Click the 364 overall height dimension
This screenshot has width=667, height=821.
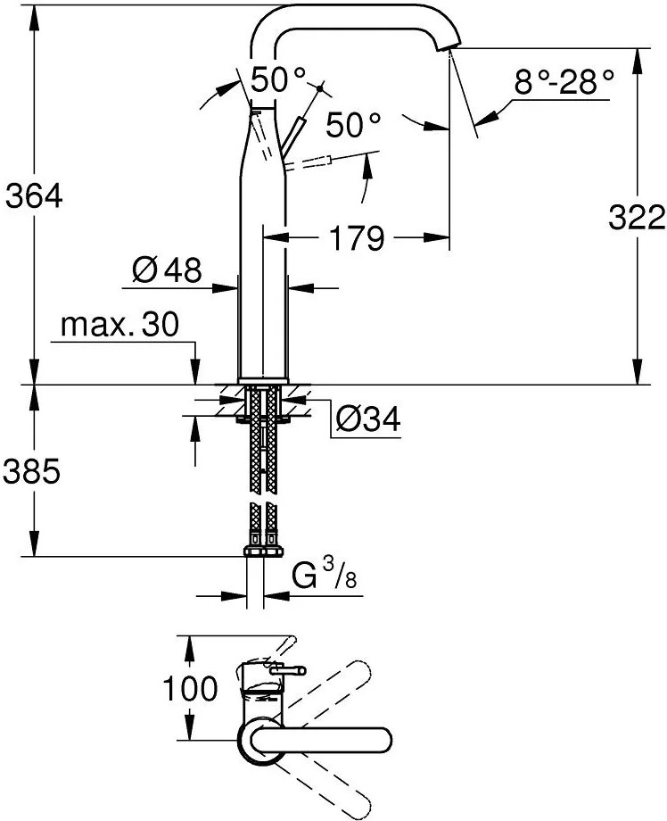[x=34, y=197]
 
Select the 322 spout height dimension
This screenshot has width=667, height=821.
[x=637, y=217]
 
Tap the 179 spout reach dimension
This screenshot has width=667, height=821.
[x=358, y=238]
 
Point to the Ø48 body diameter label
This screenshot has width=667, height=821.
[x=167, y=270]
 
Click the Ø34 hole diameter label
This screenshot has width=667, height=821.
[x=367, y=419]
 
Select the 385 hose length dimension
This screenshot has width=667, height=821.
[x=31, y=472]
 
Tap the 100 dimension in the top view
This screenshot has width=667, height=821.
[x=191, y=688]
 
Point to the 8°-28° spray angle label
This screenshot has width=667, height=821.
[x=564, y=82]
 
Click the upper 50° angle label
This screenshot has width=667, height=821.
[x=278, y=80]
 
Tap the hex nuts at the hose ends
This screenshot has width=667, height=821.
[x=263, y=551]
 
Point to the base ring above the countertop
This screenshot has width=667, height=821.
[x=263, y=381]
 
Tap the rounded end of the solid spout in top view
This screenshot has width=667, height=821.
[x=383, y=740]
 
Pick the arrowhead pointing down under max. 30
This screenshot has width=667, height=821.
[x=195, y=372]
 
